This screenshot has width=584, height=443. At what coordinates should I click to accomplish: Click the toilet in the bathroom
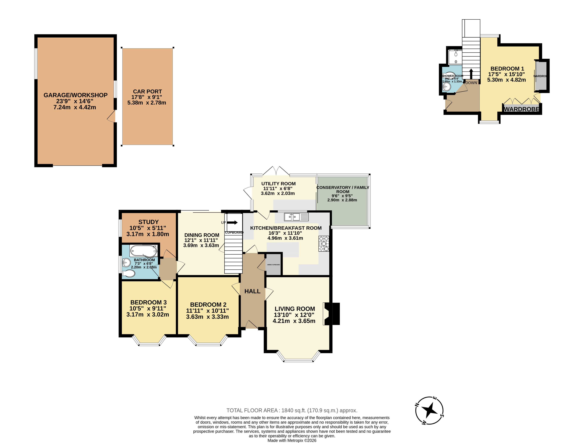[x=129, y=273]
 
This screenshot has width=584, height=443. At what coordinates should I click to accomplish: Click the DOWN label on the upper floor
[x=471, y=83]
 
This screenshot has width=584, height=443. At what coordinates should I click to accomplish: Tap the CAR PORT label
[x=147, y=91]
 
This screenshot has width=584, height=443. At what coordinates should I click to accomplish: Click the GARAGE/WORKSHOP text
[x=75, y=95]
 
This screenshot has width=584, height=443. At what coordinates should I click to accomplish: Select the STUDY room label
[x=148, y=222]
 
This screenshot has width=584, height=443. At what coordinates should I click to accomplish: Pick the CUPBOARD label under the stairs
[x=234, y=233]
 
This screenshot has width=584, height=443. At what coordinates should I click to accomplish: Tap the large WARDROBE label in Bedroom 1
[x=521, y=109]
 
